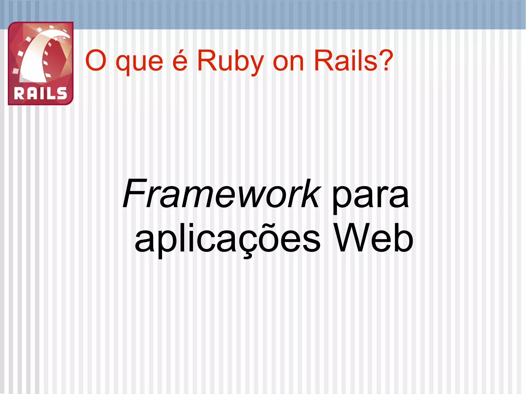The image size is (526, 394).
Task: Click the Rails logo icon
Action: (41, 63)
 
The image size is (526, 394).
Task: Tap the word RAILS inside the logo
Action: (40, 93)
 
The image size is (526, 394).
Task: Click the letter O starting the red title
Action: (96, 61)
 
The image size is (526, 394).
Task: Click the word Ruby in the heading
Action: (230, 62)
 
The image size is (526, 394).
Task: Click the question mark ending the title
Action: (386, 61)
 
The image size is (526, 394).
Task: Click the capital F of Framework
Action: (133, 194)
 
